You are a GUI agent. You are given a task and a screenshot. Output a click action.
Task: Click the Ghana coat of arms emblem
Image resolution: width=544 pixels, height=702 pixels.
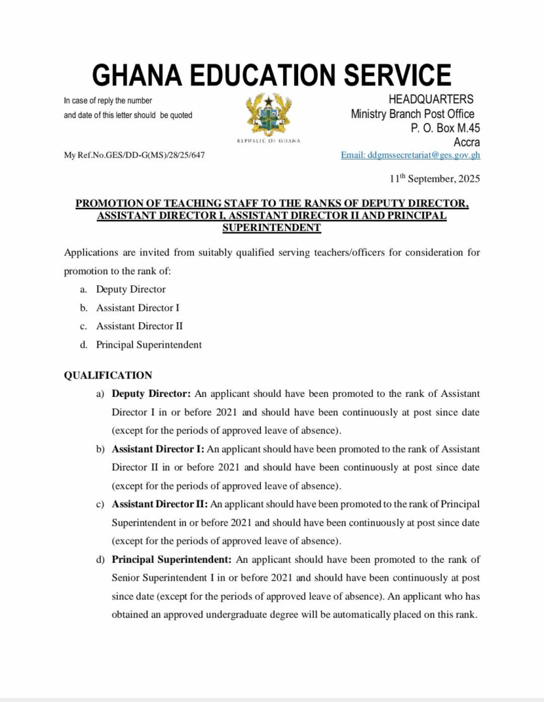[x=269, y=114]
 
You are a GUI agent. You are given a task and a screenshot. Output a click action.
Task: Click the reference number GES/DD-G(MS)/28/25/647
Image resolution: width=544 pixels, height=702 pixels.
[x=157, y=155]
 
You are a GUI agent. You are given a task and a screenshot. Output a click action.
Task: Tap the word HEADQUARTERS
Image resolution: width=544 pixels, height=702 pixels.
[x=430, y=100]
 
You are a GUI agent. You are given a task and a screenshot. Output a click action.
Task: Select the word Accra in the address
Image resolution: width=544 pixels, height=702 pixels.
[x=466, y=142]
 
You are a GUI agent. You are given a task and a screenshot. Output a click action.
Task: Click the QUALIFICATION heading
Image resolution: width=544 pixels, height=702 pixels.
[x=108, y=376]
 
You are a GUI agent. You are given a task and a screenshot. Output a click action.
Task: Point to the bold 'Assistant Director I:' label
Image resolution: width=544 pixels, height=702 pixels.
[x=158, y=449]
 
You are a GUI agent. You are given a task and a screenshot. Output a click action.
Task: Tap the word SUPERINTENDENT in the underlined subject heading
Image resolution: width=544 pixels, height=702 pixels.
[x=272, y=227]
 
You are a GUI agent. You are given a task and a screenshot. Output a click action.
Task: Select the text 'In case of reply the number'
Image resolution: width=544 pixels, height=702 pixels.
[x=108, y=101]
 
